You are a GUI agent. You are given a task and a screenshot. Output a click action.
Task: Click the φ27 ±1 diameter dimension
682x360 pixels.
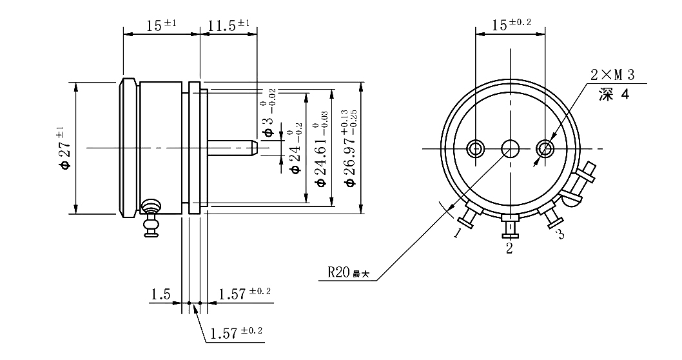tap(64, 148)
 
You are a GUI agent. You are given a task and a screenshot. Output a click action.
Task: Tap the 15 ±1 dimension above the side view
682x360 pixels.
tap(161, 26)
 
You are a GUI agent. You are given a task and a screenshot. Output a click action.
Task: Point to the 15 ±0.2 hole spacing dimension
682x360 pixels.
tap(511, 25)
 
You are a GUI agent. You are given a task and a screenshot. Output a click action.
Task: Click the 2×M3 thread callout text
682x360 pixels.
tap(612, 75)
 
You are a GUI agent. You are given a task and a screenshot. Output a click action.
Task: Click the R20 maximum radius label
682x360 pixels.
tap(348, 272)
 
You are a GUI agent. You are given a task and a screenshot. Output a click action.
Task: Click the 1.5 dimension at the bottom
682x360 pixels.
tap(160, 295)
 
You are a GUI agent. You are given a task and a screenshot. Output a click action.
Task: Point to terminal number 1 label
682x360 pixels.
tap(456, 232)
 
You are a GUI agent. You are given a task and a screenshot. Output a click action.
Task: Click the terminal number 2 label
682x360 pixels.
tap(509, 248)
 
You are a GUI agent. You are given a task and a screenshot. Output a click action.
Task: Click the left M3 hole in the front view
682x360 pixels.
tap(476, 149)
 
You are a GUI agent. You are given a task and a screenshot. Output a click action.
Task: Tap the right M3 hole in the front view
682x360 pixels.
tap(546, 149)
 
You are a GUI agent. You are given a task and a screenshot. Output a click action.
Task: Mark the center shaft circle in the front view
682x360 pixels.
tap(511, 149)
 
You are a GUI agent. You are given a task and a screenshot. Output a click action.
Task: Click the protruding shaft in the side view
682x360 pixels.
tap(232, 148)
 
